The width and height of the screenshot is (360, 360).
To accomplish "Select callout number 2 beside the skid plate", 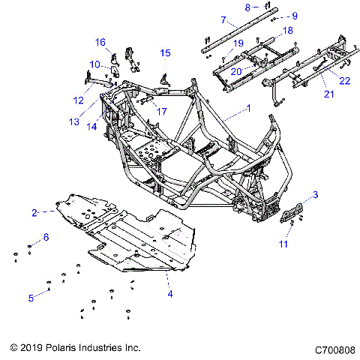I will point(34,213).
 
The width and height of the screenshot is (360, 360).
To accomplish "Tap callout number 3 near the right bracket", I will point(315,195).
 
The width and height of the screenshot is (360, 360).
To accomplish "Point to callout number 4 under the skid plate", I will point(169,293).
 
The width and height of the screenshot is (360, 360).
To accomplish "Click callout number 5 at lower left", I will point(31,298).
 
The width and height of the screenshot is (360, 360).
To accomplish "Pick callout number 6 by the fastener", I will point(46,238).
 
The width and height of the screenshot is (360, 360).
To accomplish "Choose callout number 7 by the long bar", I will point(223,20).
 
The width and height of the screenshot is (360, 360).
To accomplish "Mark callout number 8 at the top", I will point(247,7).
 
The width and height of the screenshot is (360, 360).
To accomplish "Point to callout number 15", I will point(165,52).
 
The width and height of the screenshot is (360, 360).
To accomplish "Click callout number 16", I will point(100,42).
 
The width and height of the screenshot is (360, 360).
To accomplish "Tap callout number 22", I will point(344,80).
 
